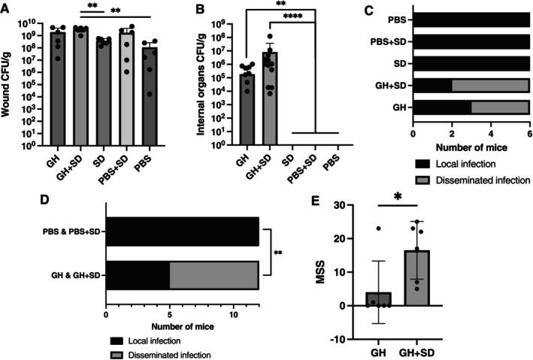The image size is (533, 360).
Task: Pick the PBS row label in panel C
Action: click(398, 18)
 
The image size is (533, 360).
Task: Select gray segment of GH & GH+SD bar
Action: click(214, 276)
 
